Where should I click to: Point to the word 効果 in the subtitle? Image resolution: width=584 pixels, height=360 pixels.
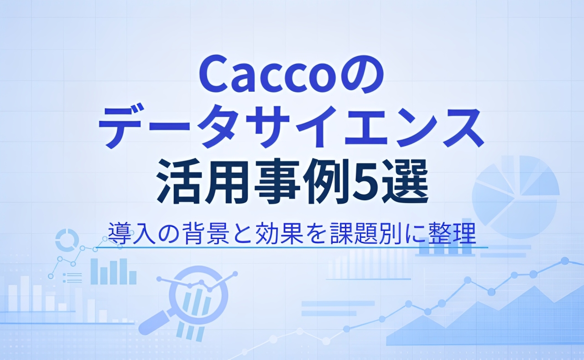(x=276, y=233)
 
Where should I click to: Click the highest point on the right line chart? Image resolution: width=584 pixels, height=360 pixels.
(x=565, y=261)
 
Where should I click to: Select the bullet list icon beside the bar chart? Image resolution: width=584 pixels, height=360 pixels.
(x=73, y=277)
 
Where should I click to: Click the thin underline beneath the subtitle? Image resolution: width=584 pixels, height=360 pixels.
(x=292, y=247)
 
